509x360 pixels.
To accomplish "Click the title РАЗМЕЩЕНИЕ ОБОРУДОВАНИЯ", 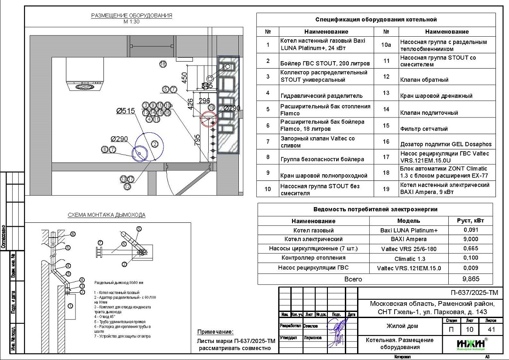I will coord(131,16).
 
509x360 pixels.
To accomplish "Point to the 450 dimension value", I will coord(184,77).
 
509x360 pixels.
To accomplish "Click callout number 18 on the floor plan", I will coord(163,64).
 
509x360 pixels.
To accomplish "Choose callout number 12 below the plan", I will coord(127,187).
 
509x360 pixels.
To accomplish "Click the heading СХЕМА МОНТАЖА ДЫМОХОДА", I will coord(107,215).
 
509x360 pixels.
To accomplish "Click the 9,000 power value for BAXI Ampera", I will coord(470,239).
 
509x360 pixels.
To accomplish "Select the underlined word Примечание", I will coord(215,332).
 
